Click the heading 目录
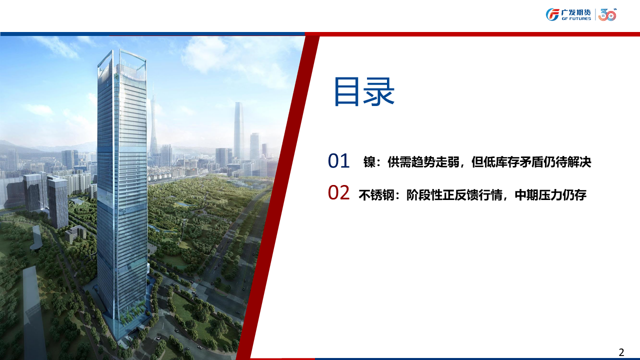(364, 91)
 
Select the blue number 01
(338, 160)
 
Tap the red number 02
(338, 192)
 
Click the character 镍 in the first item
(369, 162)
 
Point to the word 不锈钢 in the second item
(376, 195)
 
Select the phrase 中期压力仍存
(550, 195)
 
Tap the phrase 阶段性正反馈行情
(454, 195)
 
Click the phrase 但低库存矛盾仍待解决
(531, 162)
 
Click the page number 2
(621, 352)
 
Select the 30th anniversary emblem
(607, 15)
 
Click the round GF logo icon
(552, 14)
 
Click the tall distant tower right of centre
(239, 130)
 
